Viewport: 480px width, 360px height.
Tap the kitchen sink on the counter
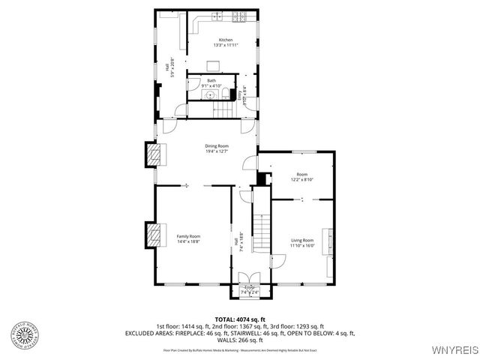[x=217, y=16]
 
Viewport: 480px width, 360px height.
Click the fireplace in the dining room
[x=154, y=155]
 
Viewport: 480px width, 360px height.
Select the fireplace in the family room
[x=154, y=234]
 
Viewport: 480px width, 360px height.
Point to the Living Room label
[x=302, y=240]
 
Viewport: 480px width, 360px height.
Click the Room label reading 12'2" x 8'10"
[x=301, y=178]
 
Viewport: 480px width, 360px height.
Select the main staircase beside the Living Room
[x=260, y=233]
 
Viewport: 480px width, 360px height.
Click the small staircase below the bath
[x=224, y=109]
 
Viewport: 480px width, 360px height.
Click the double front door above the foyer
[x=250, y=276]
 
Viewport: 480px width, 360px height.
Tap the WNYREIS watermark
[x=452, y=349]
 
